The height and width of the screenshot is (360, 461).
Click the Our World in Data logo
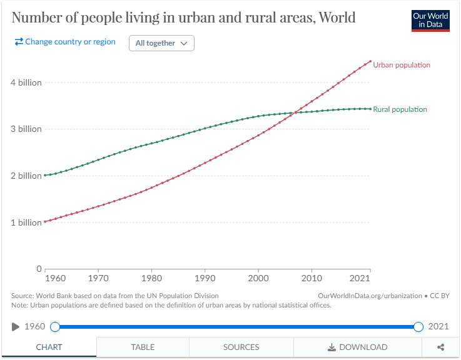(430, 20)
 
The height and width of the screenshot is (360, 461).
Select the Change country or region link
(65, 42)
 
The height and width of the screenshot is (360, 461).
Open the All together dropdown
(161, 43)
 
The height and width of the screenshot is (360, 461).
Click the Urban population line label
(401, 65)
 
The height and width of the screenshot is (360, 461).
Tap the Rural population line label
(400, 109)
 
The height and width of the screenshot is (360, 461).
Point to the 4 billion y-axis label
(26, 82)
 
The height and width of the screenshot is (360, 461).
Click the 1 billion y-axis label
(26, 222)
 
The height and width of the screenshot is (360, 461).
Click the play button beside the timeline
(16, 327)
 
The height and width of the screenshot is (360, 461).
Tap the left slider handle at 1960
(55, 327)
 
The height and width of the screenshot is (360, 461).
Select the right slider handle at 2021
(418, 327)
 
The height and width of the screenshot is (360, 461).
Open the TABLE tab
(143, 347)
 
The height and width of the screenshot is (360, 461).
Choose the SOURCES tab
(241, 347)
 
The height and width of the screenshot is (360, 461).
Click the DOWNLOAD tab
(357, 347)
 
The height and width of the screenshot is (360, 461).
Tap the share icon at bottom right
(440, 347)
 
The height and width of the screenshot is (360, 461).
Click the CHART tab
(49, 347)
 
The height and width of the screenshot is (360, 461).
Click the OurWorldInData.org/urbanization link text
(370, 296)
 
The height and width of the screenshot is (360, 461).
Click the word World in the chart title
(337, 17)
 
